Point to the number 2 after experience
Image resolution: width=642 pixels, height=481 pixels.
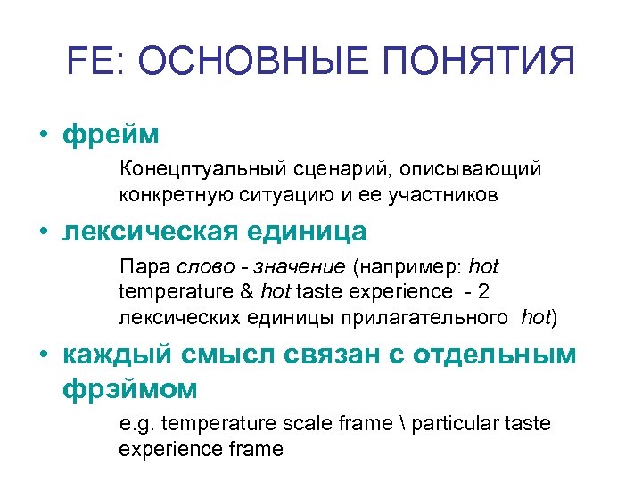point(484,291)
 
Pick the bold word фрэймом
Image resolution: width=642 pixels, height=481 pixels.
point(129,388)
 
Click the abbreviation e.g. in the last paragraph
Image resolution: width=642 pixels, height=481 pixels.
point(138,424)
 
